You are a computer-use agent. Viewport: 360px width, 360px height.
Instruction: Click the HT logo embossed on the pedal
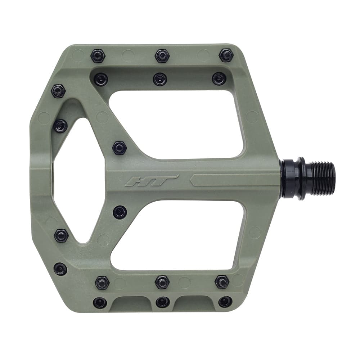pos(151,180)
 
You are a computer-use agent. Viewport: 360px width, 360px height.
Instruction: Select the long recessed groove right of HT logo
pos(234,180)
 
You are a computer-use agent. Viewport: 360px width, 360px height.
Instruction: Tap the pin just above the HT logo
pos(119,148)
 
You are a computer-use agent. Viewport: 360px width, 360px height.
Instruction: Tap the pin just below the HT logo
pos(120,212)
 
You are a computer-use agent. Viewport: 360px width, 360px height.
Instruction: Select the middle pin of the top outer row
pos(162,56)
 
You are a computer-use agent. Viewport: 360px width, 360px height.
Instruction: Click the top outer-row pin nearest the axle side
pos(226,55)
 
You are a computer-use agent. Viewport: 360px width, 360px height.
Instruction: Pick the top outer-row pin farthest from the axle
pos(98,56)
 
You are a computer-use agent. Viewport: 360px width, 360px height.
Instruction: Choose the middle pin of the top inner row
pos(160,79)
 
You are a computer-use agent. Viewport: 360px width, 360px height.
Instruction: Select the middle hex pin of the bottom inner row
pos(162,282)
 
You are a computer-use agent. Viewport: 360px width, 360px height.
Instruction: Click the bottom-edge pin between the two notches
pos(163,302)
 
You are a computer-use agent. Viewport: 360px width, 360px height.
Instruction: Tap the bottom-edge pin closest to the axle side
pos(225,302)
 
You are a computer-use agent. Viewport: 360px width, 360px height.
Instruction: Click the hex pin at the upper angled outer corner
pos(58,91)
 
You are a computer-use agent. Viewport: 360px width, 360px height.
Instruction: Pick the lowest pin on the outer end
pos(60,269)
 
